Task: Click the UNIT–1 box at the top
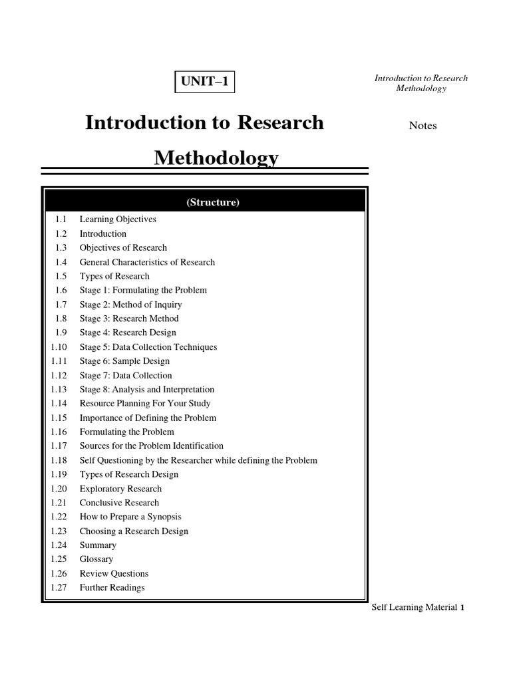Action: [x=205, y=83]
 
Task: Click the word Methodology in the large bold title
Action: [x=216, y=158]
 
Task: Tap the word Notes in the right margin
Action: [x=423, y=126]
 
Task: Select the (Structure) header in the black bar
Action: [x=204, y=202]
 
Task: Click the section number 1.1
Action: [x=61, y=219]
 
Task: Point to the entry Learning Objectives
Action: [x=118, y=219]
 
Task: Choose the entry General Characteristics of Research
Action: [x=147, y=262]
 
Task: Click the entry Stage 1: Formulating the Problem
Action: [x=143, y=290]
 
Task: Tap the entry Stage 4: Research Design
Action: [x=128, y=333]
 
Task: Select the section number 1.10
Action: [x=59, y=347]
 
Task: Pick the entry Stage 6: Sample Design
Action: [x=124, y=361]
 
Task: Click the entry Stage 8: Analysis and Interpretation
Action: [x=147, y=390]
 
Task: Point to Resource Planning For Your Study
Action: [x=145, y=404]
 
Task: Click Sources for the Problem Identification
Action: [x=152, y=446]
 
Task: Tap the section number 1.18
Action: [x=59, y=460]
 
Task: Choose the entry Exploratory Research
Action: [x=120, y=489]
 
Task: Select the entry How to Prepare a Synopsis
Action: [x=130, y=517]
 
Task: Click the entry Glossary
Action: [x=96, y=559]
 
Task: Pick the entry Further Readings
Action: [x=112, y=588]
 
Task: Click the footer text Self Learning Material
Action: [x=414, y=607]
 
